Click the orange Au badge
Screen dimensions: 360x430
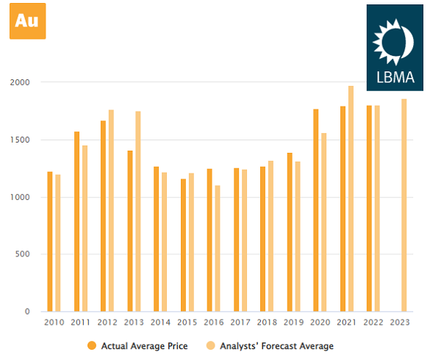(27, 21)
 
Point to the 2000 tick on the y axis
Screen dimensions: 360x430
(20, 82)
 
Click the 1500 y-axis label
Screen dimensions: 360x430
(20, 140)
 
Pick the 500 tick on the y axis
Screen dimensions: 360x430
(23, 254)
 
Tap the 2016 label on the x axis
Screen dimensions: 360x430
(214, 323)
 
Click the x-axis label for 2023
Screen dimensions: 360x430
(400, 323)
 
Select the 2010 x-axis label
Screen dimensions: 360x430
(54, 323)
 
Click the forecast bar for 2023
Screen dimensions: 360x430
(404, 205)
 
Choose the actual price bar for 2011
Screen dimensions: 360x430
(76, 221)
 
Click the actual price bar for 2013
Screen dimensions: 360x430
(130, 231)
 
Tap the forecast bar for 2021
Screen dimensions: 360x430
(351, 198)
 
